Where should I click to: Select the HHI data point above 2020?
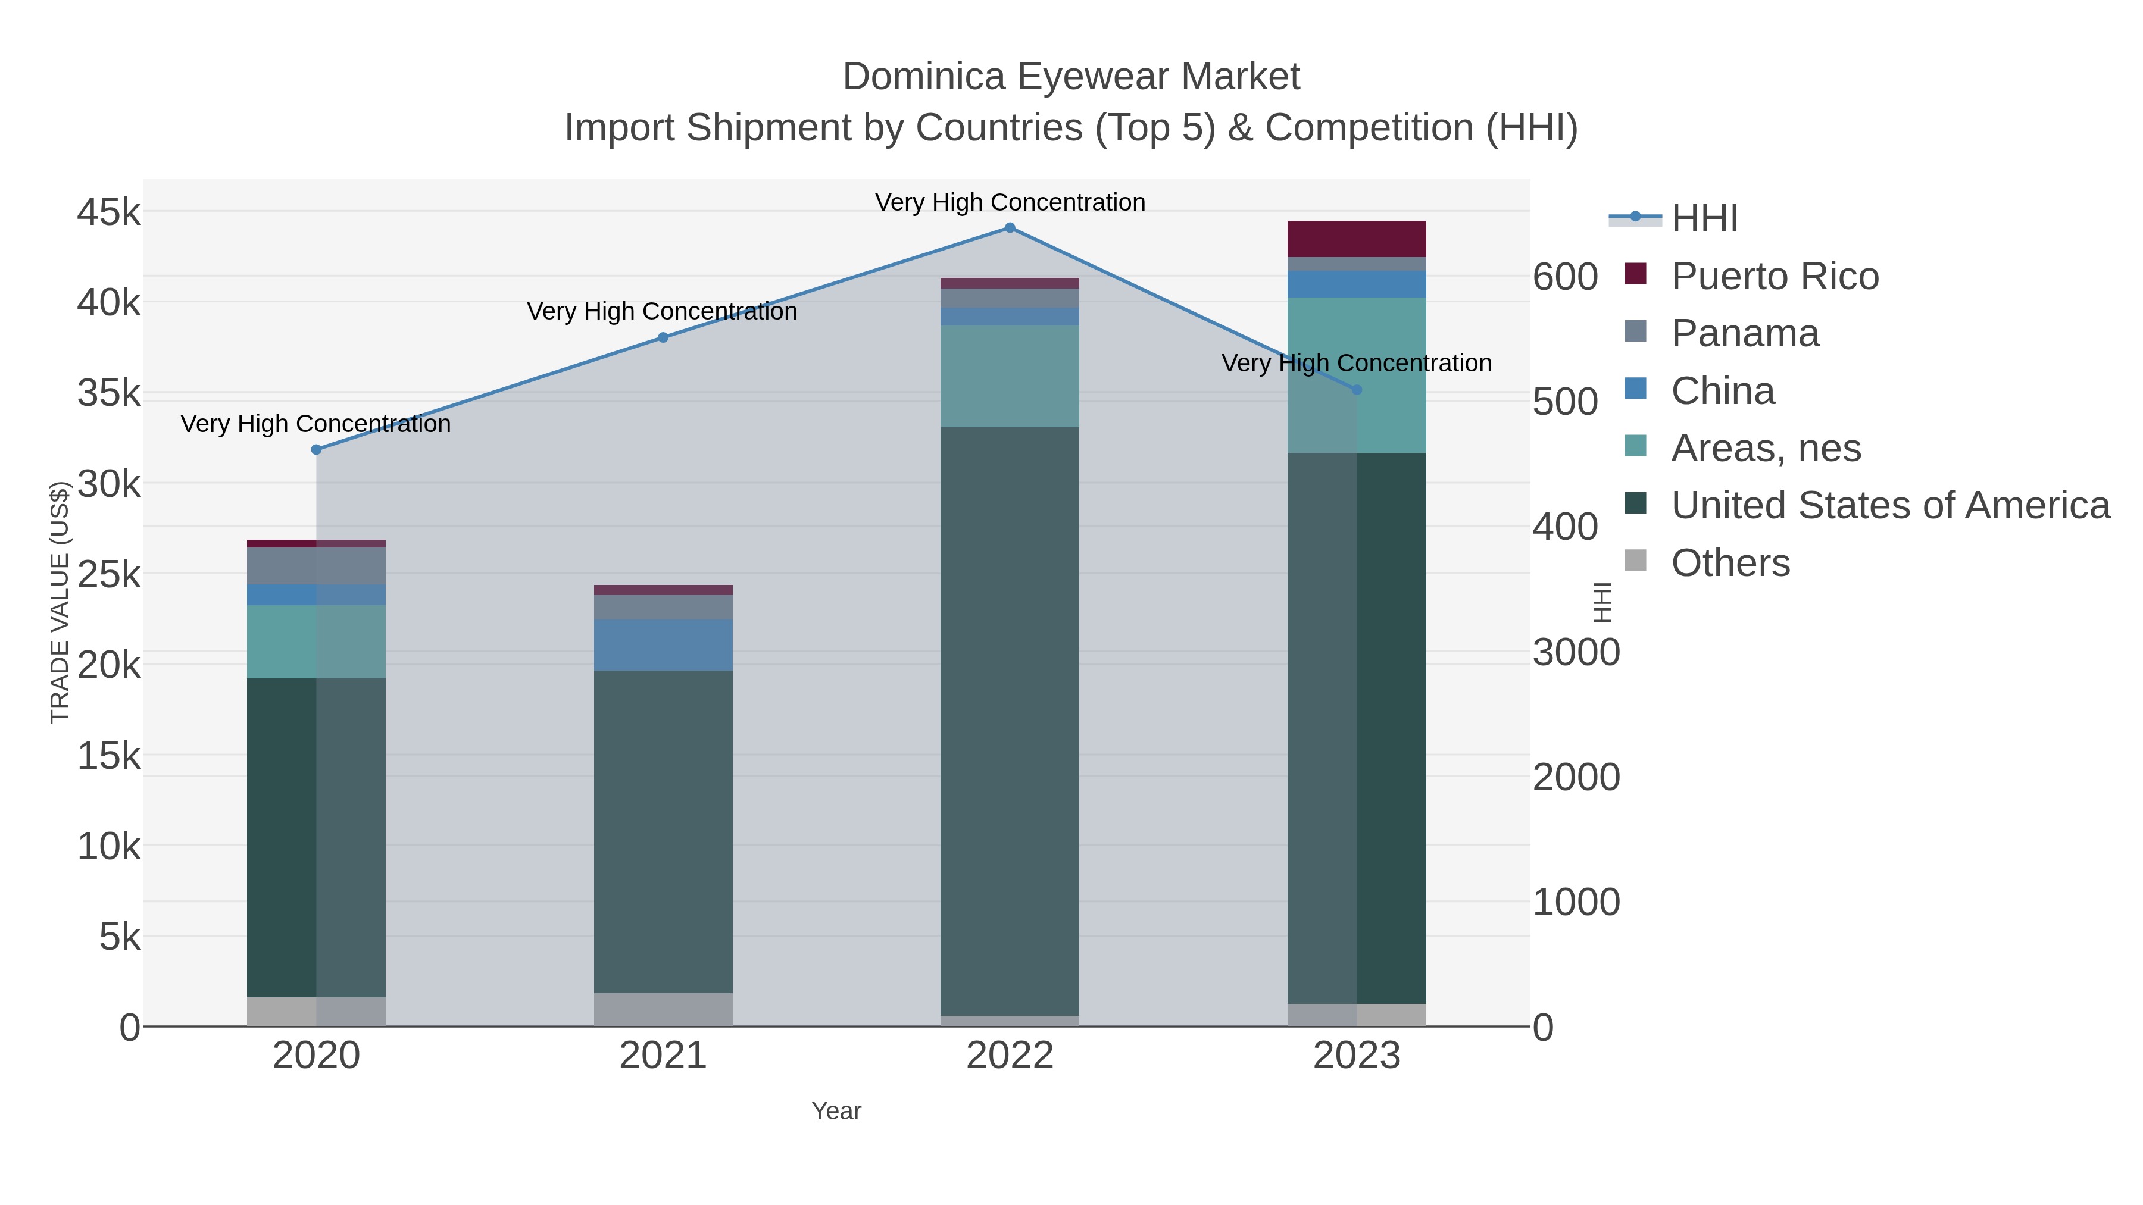tap(316, 450)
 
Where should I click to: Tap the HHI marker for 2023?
tap(1357, 390)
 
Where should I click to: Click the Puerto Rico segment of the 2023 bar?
tap(1357, 239)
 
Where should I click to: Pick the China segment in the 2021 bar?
tap(663, 644)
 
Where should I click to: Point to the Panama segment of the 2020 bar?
tap(316, 565)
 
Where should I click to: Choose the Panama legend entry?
tap(1745, 333)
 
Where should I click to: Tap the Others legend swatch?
tap(1636, 561)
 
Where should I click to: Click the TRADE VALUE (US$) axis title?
tap(59, 602)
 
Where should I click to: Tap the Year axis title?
tap(836, 1111)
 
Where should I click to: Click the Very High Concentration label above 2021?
tap(661, 312)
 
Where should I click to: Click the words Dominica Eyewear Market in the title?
tap(1071, 77)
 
